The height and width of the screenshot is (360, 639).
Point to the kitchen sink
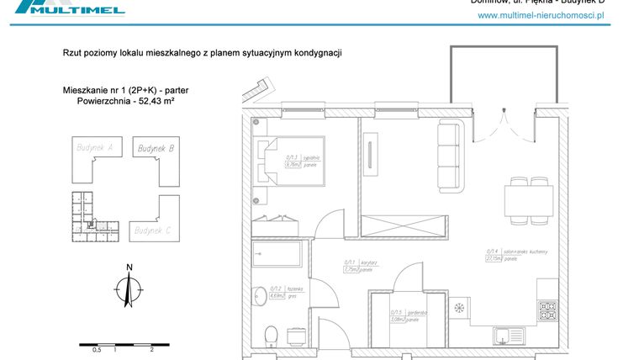click(506, 335)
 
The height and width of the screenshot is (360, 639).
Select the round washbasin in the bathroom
click(260, 293)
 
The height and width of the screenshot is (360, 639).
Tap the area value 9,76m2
click(293, 165)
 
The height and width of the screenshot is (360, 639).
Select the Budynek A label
click(93, 148)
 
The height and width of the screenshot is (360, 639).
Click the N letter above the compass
click(129, 268)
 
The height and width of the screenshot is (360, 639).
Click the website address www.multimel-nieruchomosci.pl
click(541, 15)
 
